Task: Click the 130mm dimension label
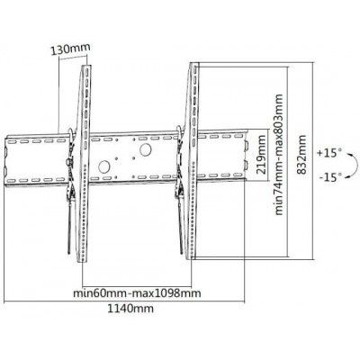70,49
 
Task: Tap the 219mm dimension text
261,155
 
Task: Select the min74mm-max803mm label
279,155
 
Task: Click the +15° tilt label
329,153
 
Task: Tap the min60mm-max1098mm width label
137,292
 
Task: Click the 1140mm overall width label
130,308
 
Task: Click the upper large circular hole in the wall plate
145,149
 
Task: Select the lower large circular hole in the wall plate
104,166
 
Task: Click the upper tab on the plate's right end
246,146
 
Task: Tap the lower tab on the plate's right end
246,166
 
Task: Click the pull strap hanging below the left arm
69,227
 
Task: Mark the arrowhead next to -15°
347,177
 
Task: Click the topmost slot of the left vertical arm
86,71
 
